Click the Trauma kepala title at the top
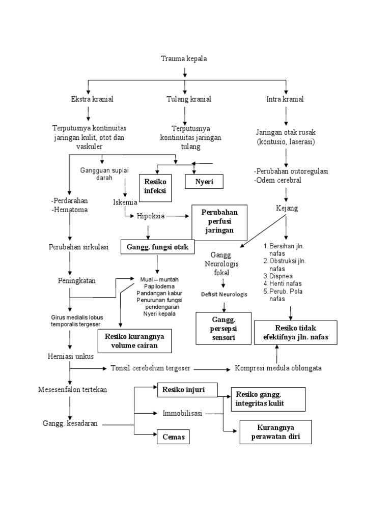point(184,59)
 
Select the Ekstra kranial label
point(92,99)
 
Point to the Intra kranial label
point(285,99)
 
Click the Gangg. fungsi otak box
point(158,247)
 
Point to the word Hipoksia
point(151,216)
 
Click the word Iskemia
point(125,202)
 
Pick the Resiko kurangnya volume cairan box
point(135,341)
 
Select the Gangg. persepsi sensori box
point(224,328)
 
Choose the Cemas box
point(173,437)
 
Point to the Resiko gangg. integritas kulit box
point(268,399)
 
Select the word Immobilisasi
point(182,413)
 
